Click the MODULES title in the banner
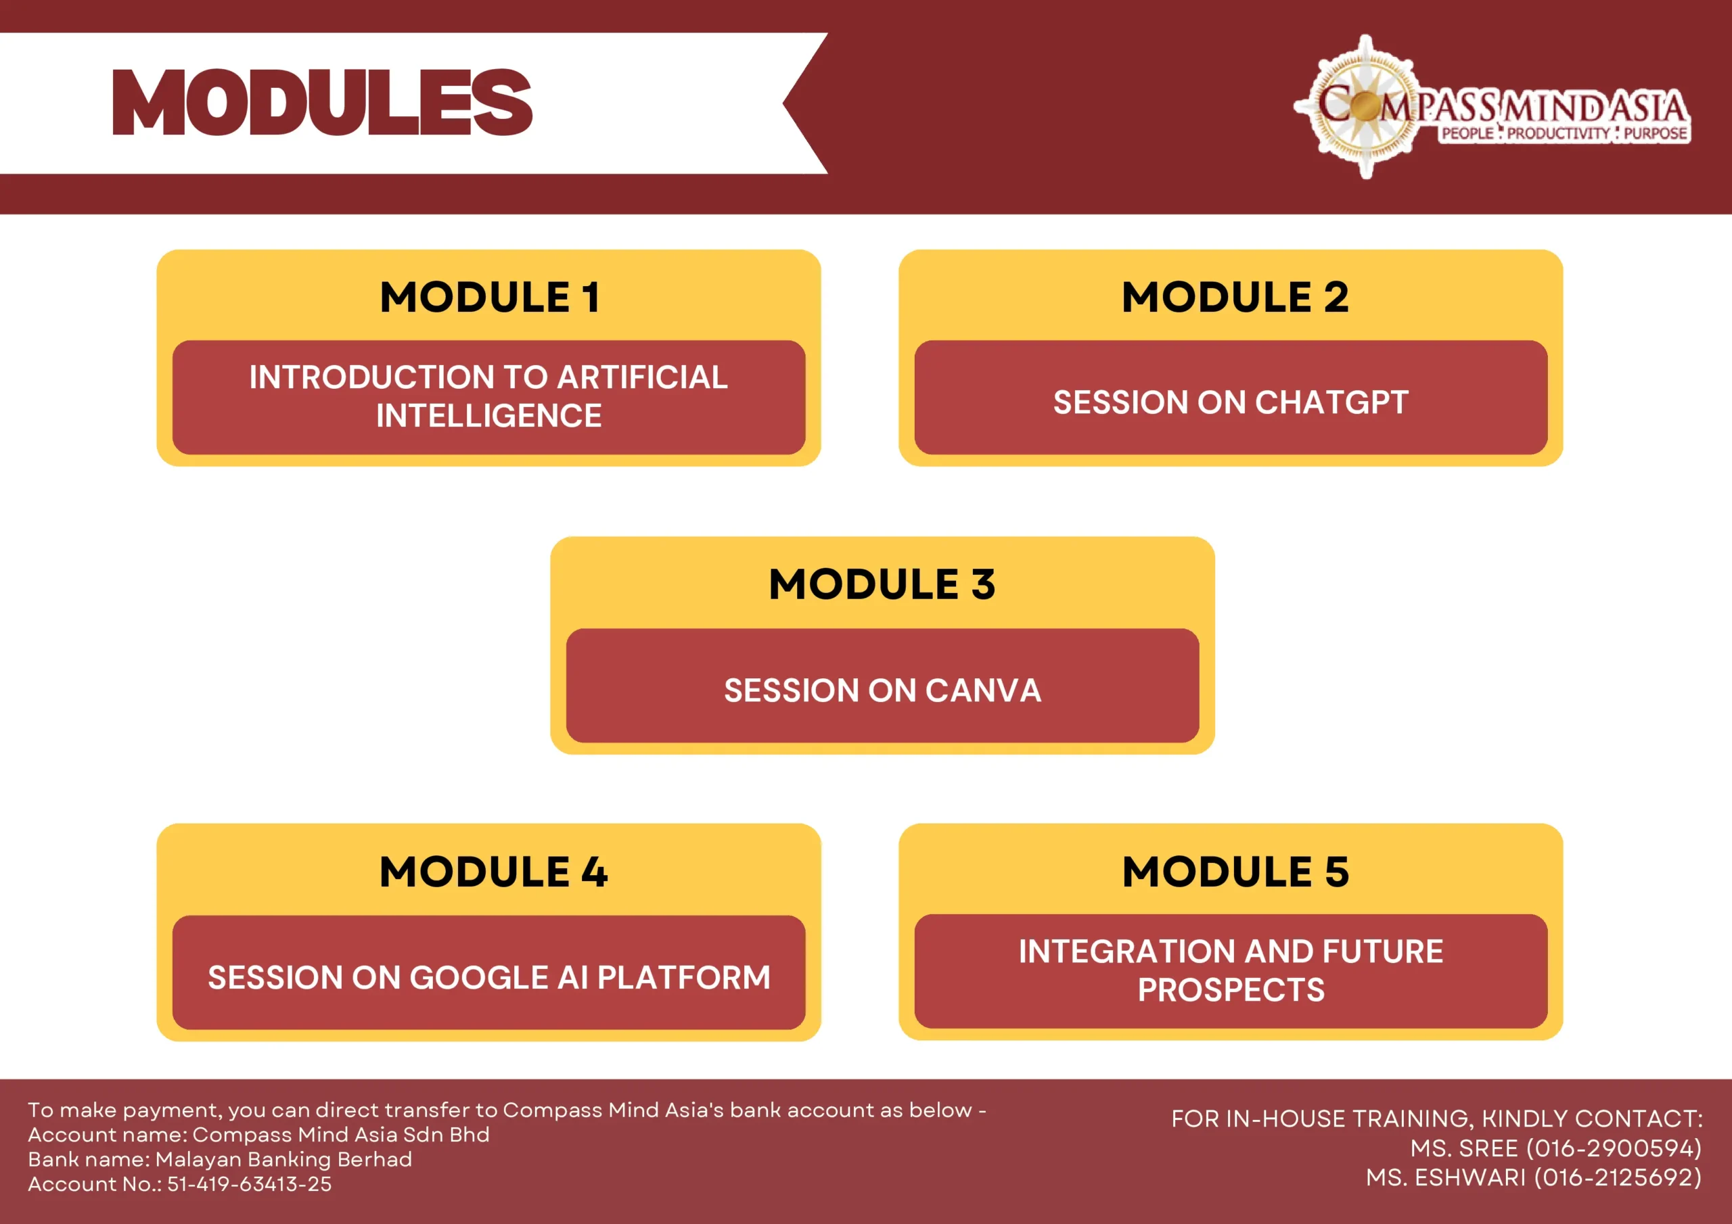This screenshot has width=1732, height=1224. (x=322, y=103)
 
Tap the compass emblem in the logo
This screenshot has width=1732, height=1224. (x=1365, y=106)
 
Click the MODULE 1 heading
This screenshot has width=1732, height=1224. (x=490, y=296)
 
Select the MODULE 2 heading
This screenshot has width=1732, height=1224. (x=1235, y=296)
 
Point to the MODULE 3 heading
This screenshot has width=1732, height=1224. (x=882, y=584)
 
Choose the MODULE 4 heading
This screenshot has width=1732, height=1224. (x=493, y=872)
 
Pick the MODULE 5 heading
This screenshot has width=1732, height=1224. (x=1235, y=872)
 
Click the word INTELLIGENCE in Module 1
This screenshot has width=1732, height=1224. (x=489, y=415)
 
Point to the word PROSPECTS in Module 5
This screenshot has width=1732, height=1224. (x=1231, y=989)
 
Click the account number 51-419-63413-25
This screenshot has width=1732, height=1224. (x=249, y=1184)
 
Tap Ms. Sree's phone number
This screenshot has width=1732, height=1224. (x=1614, y=1148)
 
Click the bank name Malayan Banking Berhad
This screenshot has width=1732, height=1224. (x=283, y=1159)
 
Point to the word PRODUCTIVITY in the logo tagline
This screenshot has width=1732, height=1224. (x=1559, y=133)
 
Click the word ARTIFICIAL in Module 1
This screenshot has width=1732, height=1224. (x=643, y=377)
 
